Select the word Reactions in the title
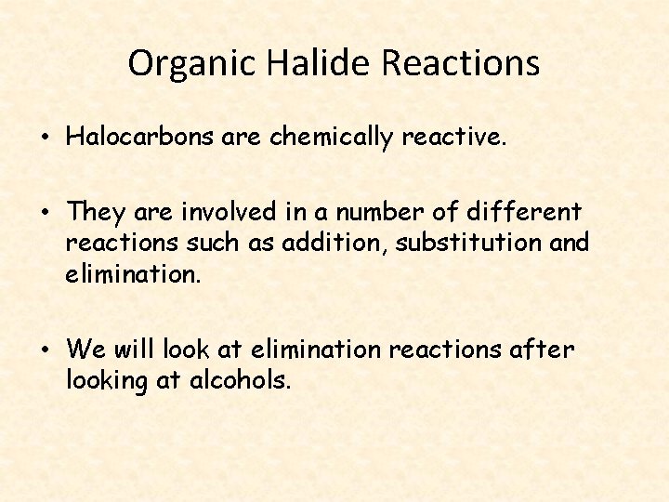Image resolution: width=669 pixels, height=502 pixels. click(x=460, y=63)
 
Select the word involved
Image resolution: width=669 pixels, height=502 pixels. click(x=219, y=212)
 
